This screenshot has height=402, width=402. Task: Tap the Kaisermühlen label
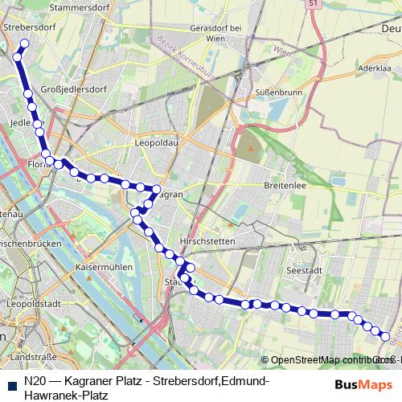tap(102, 266)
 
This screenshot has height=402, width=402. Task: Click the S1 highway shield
tap(312, 5)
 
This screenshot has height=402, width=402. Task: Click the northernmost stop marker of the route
tap(24, 44)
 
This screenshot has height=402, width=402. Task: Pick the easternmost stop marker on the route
tap(385, 337)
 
